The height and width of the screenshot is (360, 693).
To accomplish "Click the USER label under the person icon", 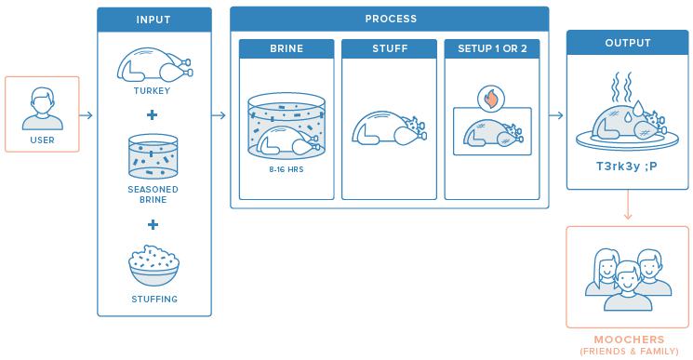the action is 43,140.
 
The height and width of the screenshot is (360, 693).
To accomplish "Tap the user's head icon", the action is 43,100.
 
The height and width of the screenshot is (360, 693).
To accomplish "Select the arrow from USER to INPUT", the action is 87,115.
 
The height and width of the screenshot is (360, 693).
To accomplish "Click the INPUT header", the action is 153,20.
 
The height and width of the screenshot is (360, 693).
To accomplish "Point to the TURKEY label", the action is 152,91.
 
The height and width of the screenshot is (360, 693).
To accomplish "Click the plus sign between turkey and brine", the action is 152,114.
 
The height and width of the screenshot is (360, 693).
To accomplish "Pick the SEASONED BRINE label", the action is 153,194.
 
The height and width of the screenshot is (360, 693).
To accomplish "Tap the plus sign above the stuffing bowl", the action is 153,224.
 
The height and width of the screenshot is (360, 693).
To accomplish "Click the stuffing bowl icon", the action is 153,265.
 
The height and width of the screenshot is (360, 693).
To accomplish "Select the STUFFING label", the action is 154,299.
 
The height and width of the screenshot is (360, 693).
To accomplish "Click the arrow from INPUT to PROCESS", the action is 219,115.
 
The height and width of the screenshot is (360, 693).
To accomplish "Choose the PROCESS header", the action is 391,19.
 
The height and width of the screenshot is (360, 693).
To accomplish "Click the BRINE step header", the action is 287,48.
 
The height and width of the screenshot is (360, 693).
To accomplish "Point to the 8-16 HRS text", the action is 287,169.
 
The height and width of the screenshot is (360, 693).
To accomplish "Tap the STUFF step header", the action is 390,48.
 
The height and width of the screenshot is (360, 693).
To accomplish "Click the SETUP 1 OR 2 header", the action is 492,48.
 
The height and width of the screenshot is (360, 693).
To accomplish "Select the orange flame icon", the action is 491,99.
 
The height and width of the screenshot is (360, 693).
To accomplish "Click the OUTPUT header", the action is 628,43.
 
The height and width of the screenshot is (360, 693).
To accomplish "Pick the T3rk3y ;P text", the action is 627,167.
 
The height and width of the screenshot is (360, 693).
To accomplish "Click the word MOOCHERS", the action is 629,340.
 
